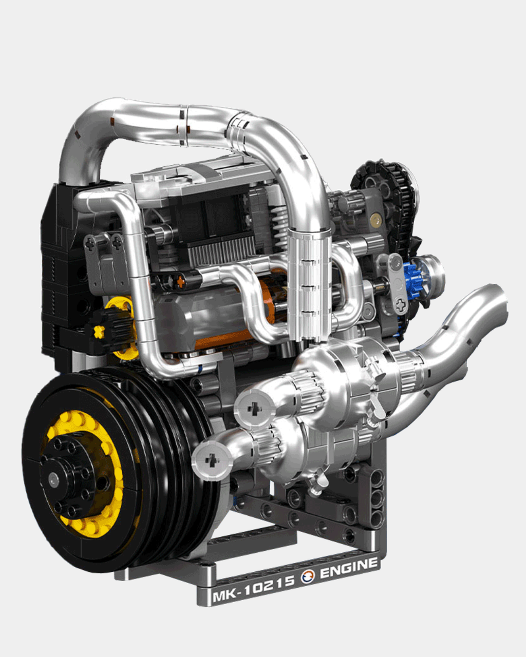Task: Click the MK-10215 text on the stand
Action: [x=253, y=589]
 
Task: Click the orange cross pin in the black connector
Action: [x=180, y=281]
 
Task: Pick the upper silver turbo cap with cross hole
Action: [x=254, y=408]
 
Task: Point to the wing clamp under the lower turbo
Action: [x=317, y=485]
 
